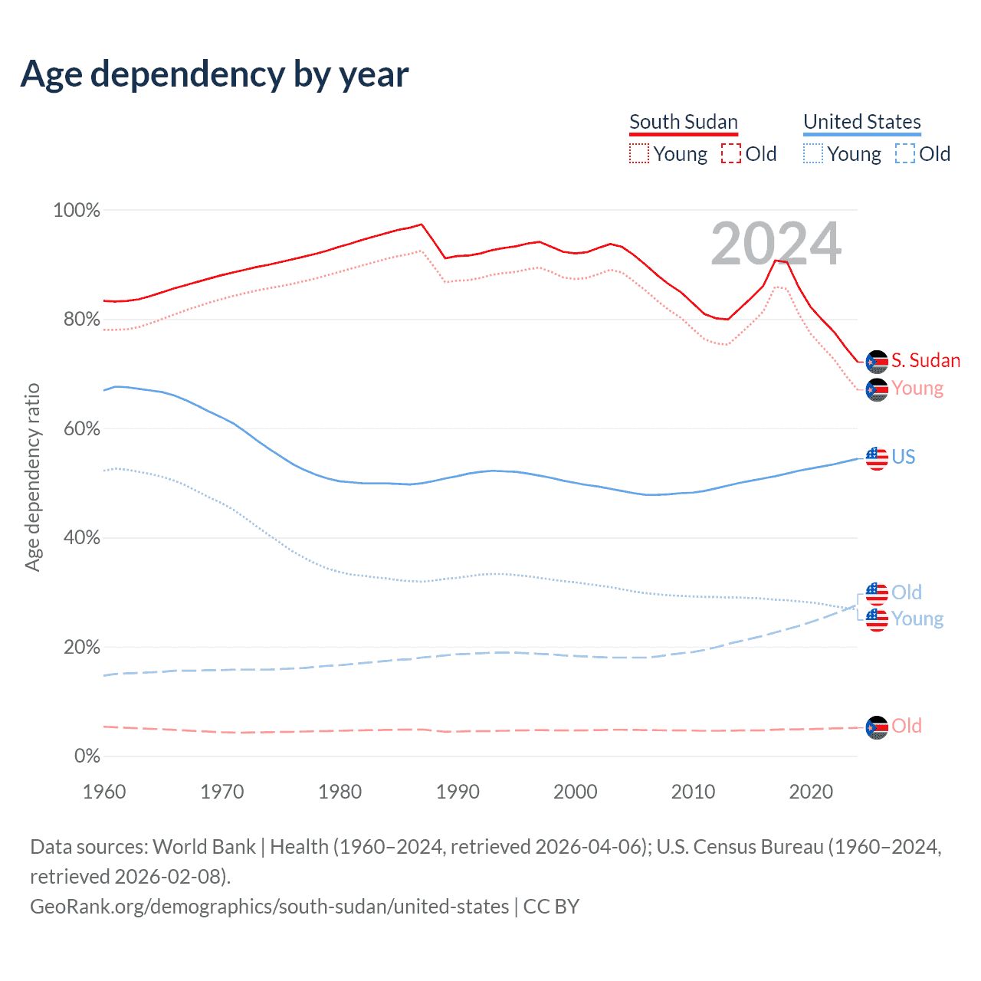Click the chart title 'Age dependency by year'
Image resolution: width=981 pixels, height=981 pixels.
215,74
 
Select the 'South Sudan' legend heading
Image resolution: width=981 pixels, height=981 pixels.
683,122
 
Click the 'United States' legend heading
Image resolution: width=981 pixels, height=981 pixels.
861,122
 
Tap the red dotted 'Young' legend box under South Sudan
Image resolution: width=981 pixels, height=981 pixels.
638,153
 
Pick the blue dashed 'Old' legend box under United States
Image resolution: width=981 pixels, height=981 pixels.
904,153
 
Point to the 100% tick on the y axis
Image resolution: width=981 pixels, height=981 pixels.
77,210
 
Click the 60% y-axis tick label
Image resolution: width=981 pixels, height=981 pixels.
81,428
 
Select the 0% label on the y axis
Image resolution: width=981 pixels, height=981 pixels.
87,756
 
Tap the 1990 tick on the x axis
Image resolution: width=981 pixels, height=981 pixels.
458,791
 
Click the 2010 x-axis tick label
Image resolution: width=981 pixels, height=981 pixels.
693,791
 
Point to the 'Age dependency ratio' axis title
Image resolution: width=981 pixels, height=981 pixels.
32,477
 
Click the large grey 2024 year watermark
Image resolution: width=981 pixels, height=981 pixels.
776,244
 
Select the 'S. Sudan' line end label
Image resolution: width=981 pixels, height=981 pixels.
925,360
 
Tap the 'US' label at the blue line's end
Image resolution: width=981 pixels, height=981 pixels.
903,457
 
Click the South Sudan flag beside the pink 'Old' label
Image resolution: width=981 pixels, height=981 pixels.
877,727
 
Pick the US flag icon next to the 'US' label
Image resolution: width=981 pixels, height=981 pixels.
877,458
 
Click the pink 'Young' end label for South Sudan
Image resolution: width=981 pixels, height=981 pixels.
917,388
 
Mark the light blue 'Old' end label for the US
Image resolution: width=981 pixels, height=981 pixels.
907,592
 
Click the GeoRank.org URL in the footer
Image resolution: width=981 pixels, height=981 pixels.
269,906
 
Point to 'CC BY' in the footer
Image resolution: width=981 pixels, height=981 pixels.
551,906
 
